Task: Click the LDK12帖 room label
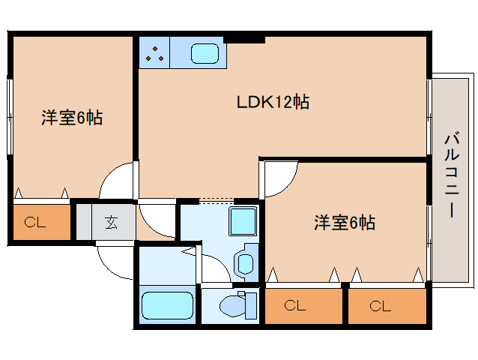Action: (274, 102)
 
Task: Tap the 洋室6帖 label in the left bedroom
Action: (72, 118)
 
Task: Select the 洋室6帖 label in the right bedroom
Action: (344, 222)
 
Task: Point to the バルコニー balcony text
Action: (451, 175)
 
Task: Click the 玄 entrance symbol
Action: (111, 222)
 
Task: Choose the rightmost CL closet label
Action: (380, 306)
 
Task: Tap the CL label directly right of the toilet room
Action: (295, 306)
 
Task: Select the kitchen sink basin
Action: (205, 53)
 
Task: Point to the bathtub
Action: (167, 307)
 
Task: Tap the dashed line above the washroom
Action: (217, 200)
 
